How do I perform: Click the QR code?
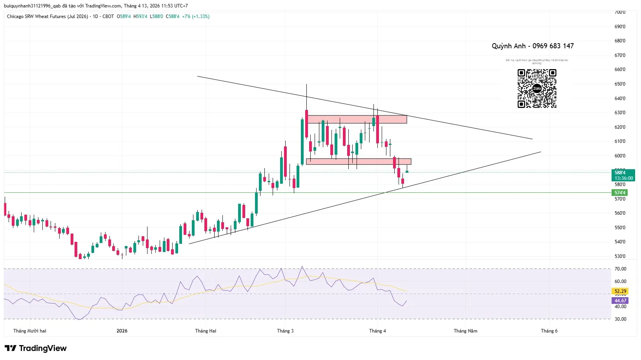point(537,88)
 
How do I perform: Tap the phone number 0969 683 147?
point(553,46)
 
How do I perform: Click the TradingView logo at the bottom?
point(36,348)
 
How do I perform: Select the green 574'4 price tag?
point(620,193)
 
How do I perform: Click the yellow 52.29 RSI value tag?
point(620,291)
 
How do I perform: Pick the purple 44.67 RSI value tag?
point(620,301)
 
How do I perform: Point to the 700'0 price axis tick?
point(620,12)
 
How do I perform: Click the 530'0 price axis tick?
point(620,256)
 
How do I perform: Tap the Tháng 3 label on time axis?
point(285,331)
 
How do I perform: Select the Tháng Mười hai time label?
point(30,331)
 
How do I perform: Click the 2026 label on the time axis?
point(122,331)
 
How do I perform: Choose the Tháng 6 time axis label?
point(549,331)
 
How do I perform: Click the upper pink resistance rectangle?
point(357,119)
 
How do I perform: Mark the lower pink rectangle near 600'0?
point(359,161)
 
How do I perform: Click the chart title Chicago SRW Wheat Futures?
point(47,16)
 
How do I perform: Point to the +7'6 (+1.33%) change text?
point(195,16)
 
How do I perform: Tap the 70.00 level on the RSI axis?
point(620,269)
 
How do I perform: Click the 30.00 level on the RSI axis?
point(620,319)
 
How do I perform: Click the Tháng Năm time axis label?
point(465,331)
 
